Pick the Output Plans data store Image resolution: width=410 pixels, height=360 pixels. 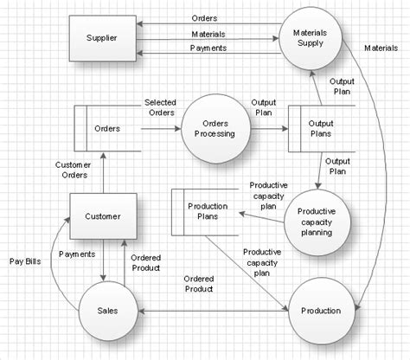[321, 129]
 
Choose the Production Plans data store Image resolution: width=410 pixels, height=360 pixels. [207, 212]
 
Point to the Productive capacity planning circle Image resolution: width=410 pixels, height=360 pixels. [317, 222]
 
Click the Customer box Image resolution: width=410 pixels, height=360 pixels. [103, 216]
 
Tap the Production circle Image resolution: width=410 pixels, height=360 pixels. [319, 310]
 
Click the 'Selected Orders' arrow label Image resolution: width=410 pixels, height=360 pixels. [160, 106]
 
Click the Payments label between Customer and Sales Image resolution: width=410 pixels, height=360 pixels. [77, 254]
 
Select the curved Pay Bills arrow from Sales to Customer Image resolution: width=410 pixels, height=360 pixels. [54, 260]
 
